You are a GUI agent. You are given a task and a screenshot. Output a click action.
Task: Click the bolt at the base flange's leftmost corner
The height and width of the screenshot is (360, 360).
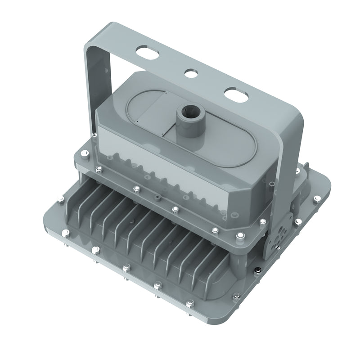[x=59, y=201]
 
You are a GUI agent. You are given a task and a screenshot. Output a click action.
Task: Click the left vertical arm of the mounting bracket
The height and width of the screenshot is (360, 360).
[x=90, y=90]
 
